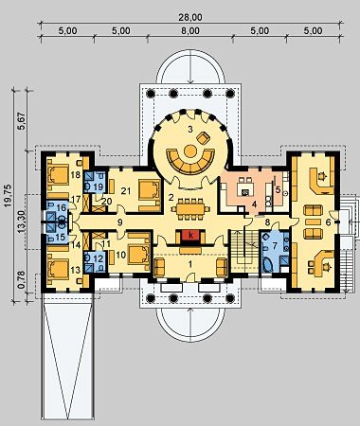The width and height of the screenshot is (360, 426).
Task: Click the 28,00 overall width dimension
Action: click(x=190, y=17)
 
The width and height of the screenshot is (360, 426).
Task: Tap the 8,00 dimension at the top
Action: click(x=190, y=31)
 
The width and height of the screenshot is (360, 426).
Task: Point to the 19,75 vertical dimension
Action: click(x=9, y=196)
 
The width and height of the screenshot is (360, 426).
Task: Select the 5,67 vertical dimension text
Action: click(x=22, y=122)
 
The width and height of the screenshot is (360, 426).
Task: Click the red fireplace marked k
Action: click(x=190, y=236)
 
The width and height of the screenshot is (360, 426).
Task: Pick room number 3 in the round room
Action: click(x=190, y=130)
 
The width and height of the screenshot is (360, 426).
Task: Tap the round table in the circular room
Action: click(x=190, y=151)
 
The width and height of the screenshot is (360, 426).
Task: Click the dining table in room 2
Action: click(x=190, y=208)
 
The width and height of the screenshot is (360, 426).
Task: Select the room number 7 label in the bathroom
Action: click(x=274, y=244)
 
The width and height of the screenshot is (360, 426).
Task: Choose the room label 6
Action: click(x=328, y=222)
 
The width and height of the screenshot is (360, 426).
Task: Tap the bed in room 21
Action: click(x=149, y=190)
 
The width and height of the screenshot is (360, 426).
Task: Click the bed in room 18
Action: click(x=58, y=174)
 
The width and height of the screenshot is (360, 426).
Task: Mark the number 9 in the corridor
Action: click(x=119, y=222)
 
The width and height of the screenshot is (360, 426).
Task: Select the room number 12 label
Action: click(x=99, y=259)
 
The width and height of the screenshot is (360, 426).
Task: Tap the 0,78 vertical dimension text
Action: click(x=22, y=282)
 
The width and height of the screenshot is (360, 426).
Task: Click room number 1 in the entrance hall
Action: click(x=190, y=264)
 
